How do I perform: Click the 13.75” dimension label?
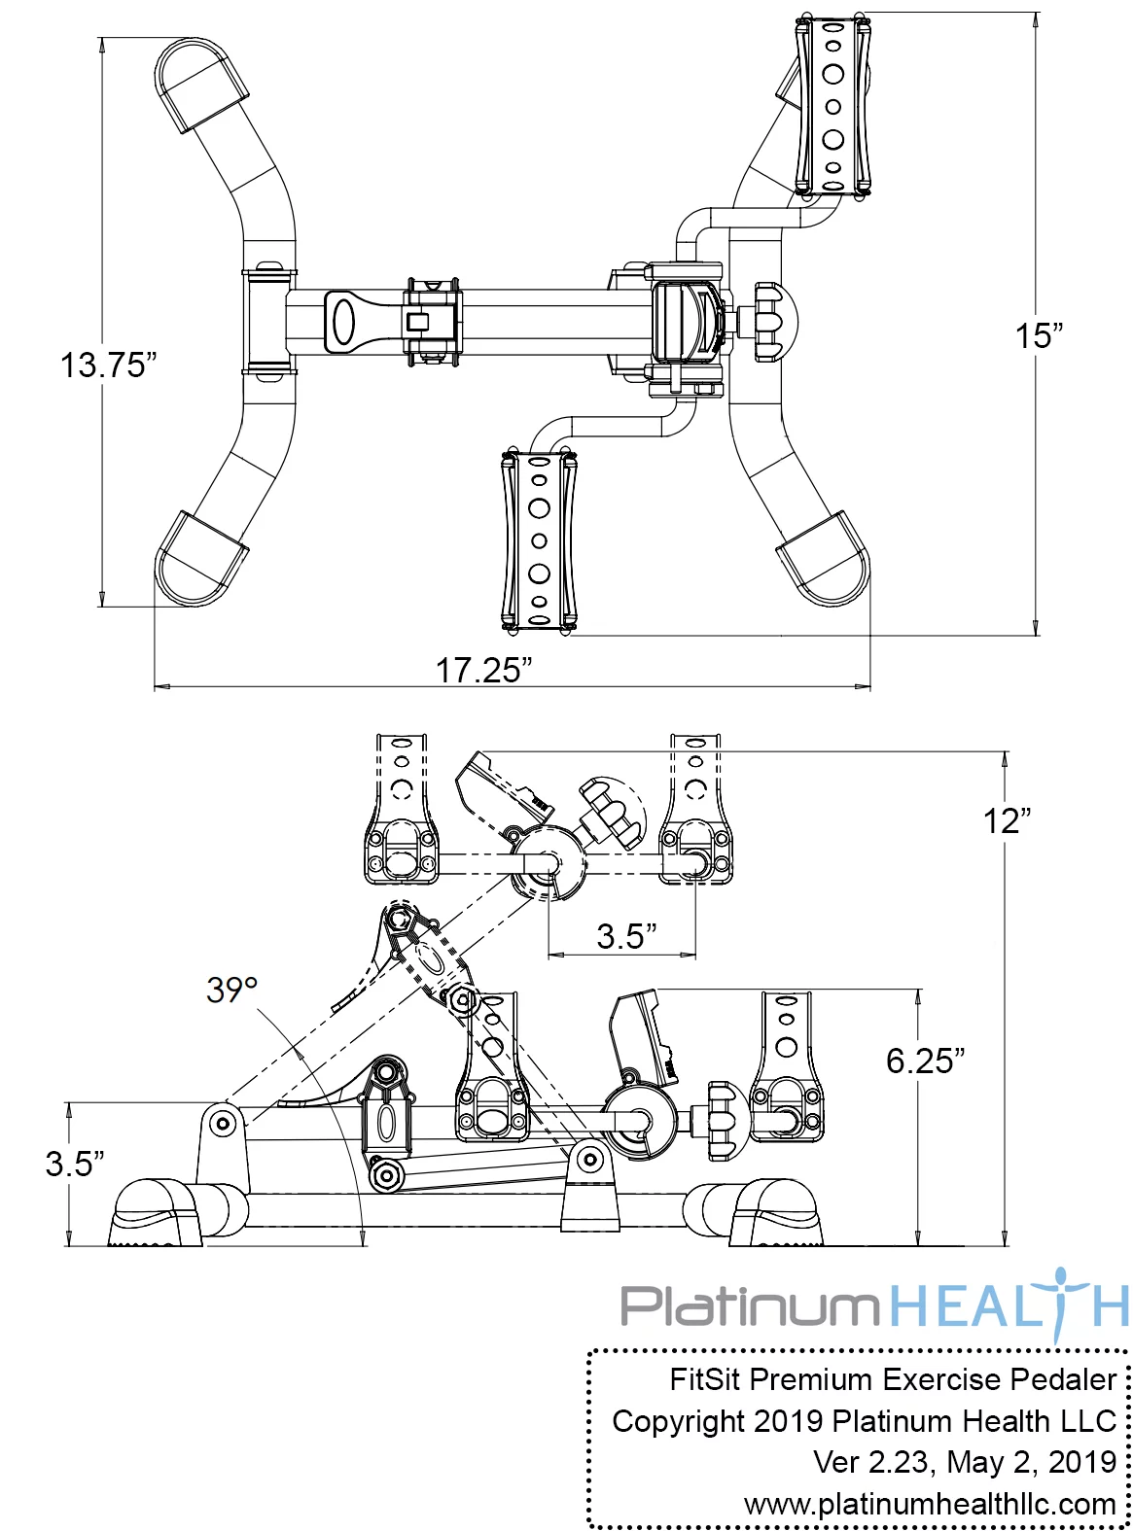[108, 365]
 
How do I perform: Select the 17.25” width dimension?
[483, 670]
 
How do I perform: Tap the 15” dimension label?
[1039, 336]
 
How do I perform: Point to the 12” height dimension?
[1006, 821]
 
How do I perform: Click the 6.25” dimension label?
[925, 1061]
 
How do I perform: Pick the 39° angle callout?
[231, 990]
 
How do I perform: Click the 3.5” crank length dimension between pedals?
[626, 936]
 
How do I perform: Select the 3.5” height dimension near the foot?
[75, 1163]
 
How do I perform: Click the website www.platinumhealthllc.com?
[930, 1504]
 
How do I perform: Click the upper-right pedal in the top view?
[832, 106]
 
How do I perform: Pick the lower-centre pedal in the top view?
[538, 539]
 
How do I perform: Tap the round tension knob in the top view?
[773, 322]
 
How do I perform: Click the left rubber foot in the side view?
[158, 1215]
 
